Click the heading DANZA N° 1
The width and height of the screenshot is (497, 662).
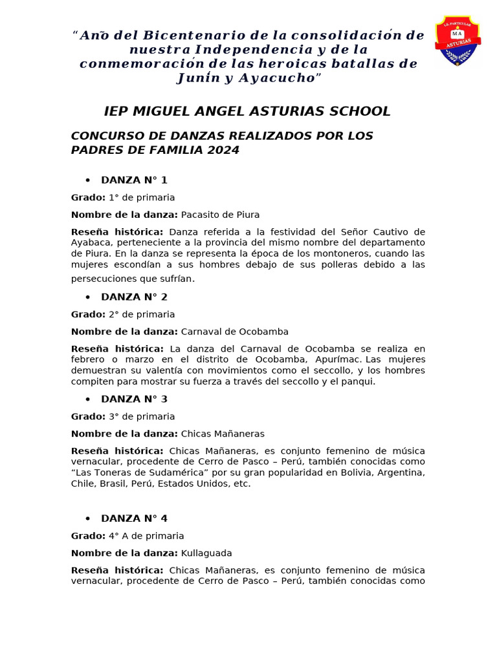[134, 180]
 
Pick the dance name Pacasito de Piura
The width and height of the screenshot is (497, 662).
[220, 215]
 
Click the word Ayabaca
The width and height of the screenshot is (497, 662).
[89, 242]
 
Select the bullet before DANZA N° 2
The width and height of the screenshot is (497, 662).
[87, 297]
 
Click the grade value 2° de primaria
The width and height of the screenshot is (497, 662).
[141, 314]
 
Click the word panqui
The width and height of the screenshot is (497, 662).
[360, 381]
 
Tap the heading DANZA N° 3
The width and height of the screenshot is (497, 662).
[134, 400]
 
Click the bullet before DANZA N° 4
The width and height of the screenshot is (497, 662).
[87, 519]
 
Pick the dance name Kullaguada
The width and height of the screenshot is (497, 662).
[206, 553]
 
